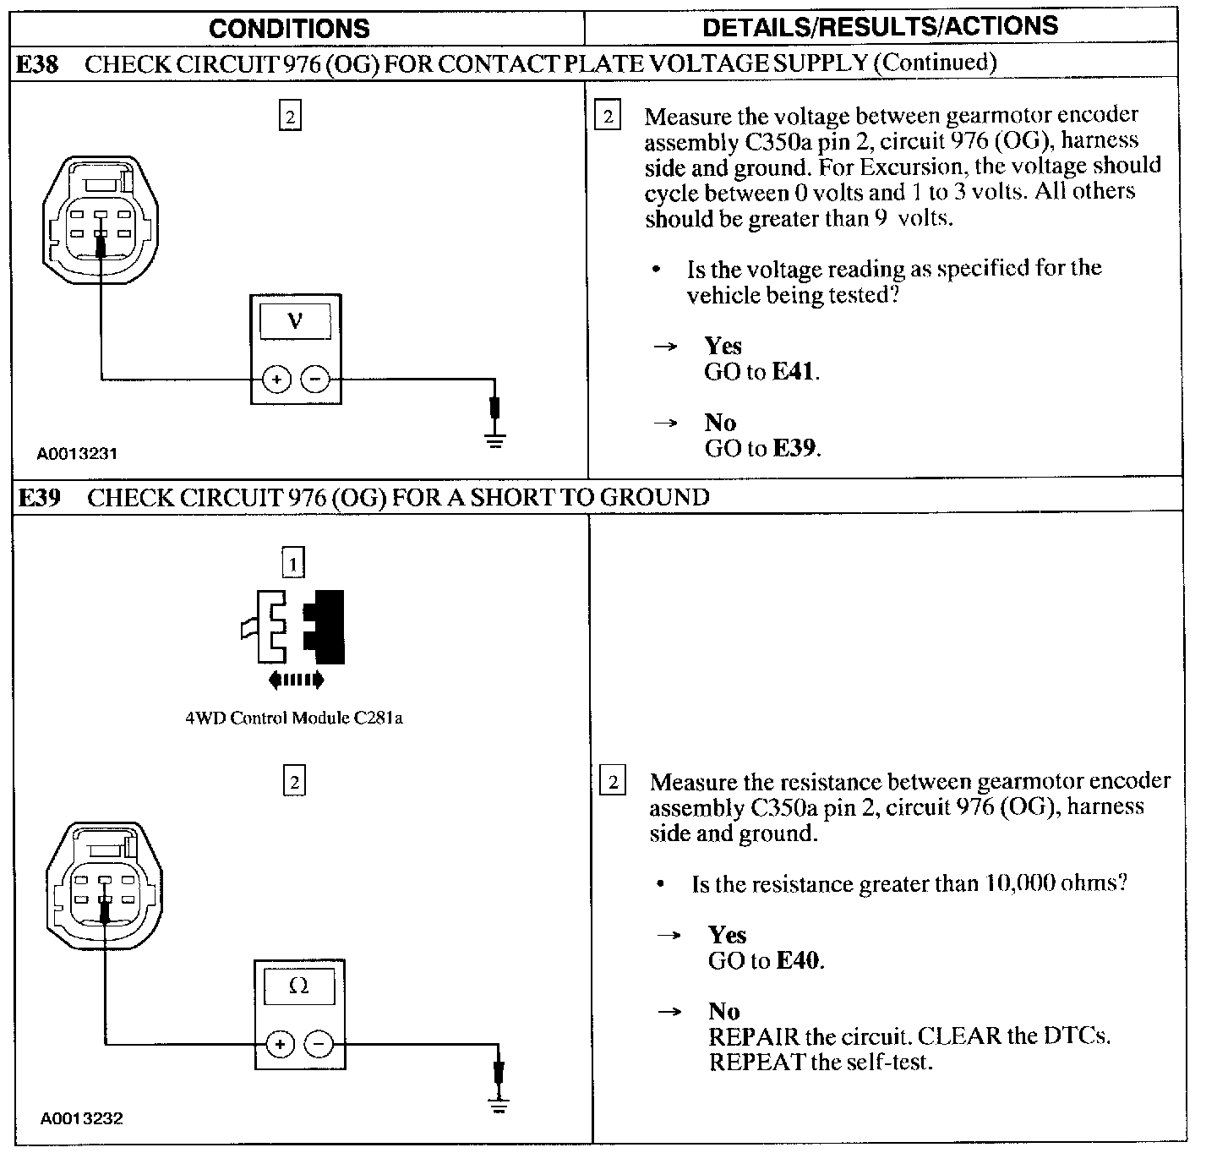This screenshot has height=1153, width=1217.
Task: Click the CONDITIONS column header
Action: pos(289,29)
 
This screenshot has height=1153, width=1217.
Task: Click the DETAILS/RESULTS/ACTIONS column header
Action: pos(880,27)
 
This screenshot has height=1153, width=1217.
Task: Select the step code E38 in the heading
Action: pos(38,64)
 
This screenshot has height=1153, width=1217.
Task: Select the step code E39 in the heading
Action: pos(40,498)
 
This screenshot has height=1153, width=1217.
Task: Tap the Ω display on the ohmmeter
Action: pos(299,986)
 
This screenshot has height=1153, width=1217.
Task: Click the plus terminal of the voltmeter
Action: pos(276,380)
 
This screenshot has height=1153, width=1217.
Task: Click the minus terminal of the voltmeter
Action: pos(315,380)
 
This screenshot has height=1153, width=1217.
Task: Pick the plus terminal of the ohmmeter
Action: pos(280,1046)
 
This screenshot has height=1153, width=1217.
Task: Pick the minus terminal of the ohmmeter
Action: pos(319,1046)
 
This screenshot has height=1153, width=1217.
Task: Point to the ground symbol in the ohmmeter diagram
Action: pos(499,1102)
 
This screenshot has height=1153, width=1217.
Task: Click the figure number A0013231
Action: pos(77,454)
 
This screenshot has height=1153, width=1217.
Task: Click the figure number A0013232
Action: pos(81,1119)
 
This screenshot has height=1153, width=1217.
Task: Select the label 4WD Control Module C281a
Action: pos(294,719)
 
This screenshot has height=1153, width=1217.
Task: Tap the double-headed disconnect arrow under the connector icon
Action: pos(295,679)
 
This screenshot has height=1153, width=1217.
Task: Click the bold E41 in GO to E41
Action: pos(794,372)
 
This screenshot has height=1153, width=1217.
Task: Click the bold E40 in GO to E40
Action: pos(799,961)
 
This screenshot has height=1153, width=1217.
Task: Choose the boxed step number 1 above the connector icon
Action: pos(292,563)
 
